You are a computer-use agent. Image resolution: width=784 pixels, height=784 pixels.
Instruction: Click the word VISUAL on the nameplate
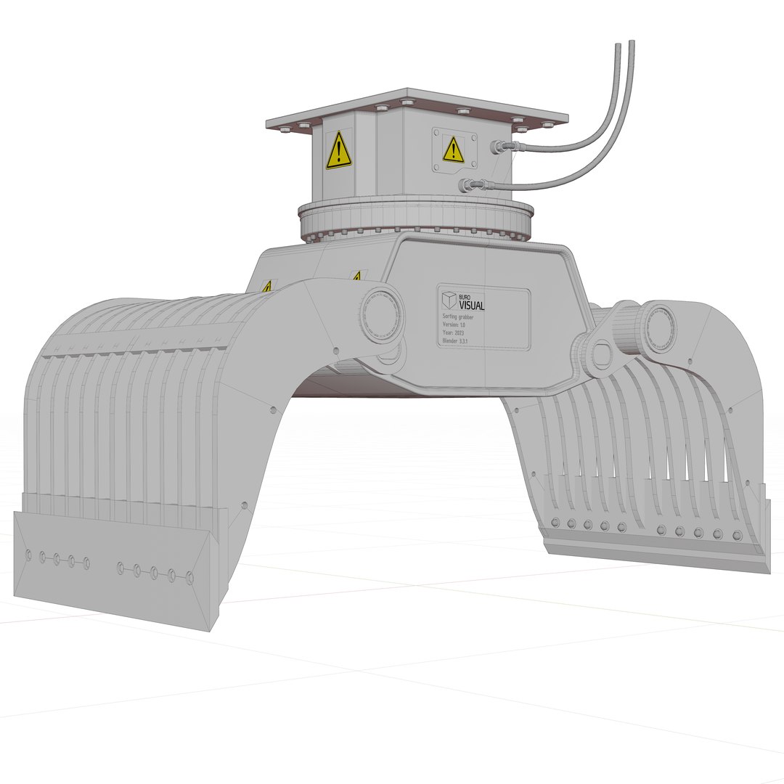tap(472, 306)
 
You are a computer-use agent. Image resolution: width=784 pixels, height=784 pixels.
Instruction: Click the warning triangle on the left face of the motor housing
tap(339, 150)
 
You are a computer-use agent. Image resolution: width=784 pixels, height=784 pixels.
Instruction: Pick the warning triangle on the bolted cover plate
tap(453, 150)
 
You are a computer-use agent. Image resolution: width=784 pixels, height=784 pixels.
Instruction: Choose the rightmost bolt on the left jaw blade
tap(190, 578)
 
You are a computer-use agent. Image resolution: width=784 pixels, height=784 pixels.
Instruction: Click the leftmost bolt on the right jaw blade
tap(555, 522)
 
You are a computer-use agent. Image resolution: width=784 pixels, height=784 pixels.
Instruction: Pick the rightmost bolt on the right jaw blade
tap(738, 536)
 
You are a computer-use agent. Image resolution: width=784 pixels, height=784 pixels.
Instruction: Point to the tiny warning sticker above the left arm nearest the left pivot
tap(356, 277)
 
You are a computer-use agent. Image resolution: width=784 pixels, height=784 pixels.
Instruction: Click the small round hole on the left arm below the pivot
tap(335, 351)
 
